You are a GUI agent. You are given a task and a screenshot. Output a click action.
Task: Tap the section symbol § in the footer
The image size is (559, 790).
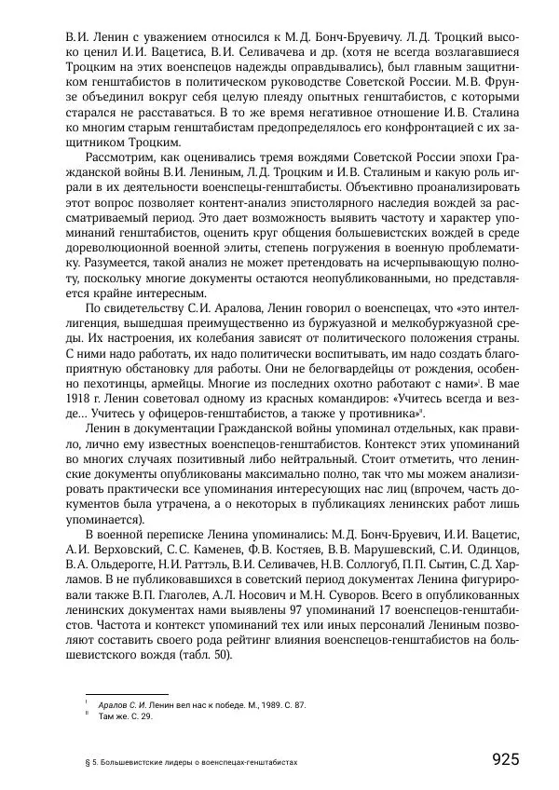tap(87, 761)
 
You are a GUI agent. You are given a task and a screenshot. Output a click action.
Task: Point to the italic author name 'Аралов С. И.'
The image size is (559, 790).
tap(121, 704)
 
